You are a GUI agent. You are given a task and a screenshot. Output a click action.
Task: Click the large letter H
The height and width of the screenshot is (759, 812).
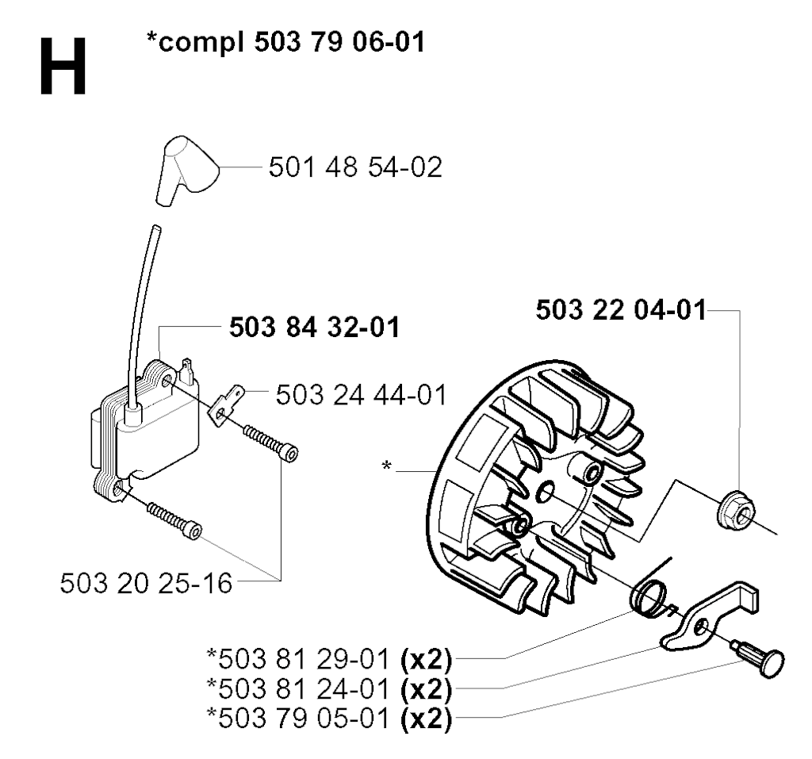63,67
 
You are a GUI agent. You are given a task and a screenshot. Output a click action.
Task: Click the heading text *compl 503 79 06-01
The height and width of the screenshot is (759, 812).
285,42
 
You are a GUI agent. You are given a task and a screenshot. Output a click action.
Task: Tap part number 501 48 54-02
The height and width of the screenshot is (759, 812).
355,167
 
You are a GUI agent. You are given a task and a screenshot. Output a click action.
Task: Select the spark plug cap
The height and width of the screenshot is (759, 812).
186,171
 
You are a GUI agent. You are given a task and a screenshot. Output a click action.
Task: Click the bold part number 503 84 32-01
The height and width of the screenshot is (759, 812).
315,328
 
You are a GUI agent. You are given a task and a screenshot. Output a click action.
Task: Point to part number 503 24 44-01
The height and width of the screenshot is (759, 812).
361,395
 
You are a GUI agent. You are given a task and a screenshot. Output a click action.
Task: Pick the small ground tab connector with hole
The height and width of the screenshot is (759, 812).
226,404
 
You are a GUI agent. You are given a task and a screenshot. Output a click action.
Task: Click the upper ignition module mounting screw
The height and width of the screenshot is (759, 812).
270,443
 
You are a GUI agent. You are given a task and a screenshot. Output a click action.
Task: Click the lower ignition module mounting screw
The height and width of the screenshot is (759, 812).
174,521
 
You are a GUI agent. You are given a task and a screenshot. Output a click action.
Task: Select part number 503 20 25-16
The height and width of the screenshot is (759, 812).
146,584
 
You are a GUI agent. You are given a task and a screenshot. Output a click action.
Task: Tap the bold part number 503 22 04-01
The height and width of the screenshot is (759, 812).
621,310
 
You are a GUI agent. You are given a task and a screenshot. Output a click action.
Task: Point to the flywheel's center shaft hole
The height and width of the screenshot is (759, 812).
546,491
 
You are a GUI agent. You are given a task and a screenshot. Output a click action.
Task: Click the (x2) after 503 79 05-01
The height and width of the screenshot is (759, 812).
426,719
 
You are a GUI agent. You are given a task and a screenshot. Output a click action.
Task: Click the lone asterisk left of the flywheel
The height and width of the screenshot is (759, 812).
386,466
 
